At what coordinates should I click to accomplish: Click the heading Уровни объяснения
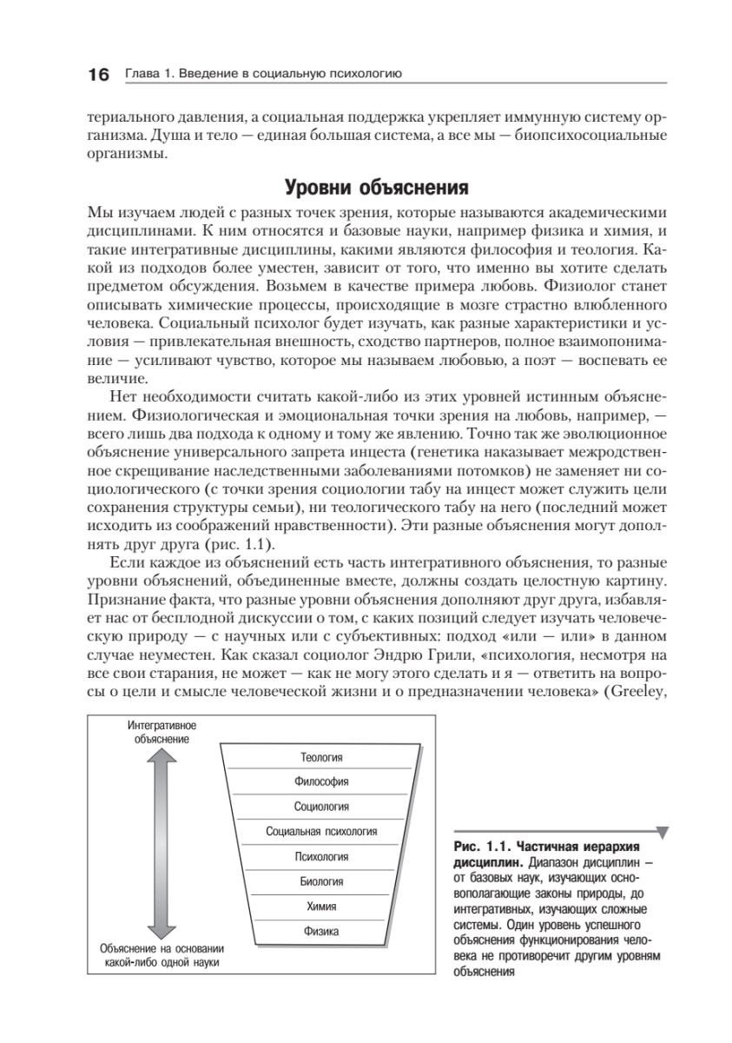(x=366, y=189)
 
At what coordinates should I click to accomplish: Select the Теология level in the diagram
(x=321, y=757)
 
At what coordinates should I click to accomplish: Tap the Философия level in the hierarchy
(x=321, y=781)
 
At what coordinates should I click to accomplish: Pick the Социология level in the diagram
(x=321, y=807)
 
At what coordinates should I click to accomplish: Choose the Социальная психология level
(x=321, y=832)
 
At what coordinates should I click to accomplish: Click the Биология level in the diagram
(x=321, y=881)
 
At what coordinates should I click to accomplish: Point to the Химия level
(x=321, y=907)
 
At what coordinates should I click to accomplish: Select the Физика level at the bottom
(x=321, y=932)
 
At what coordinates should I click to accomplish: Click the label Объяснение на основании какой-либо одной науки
(x=158, y=956)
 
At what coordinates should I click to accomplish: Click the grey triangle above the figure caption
(x=663, y=833)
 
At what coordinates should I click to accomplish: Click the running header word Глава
(x=141, y=75)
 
